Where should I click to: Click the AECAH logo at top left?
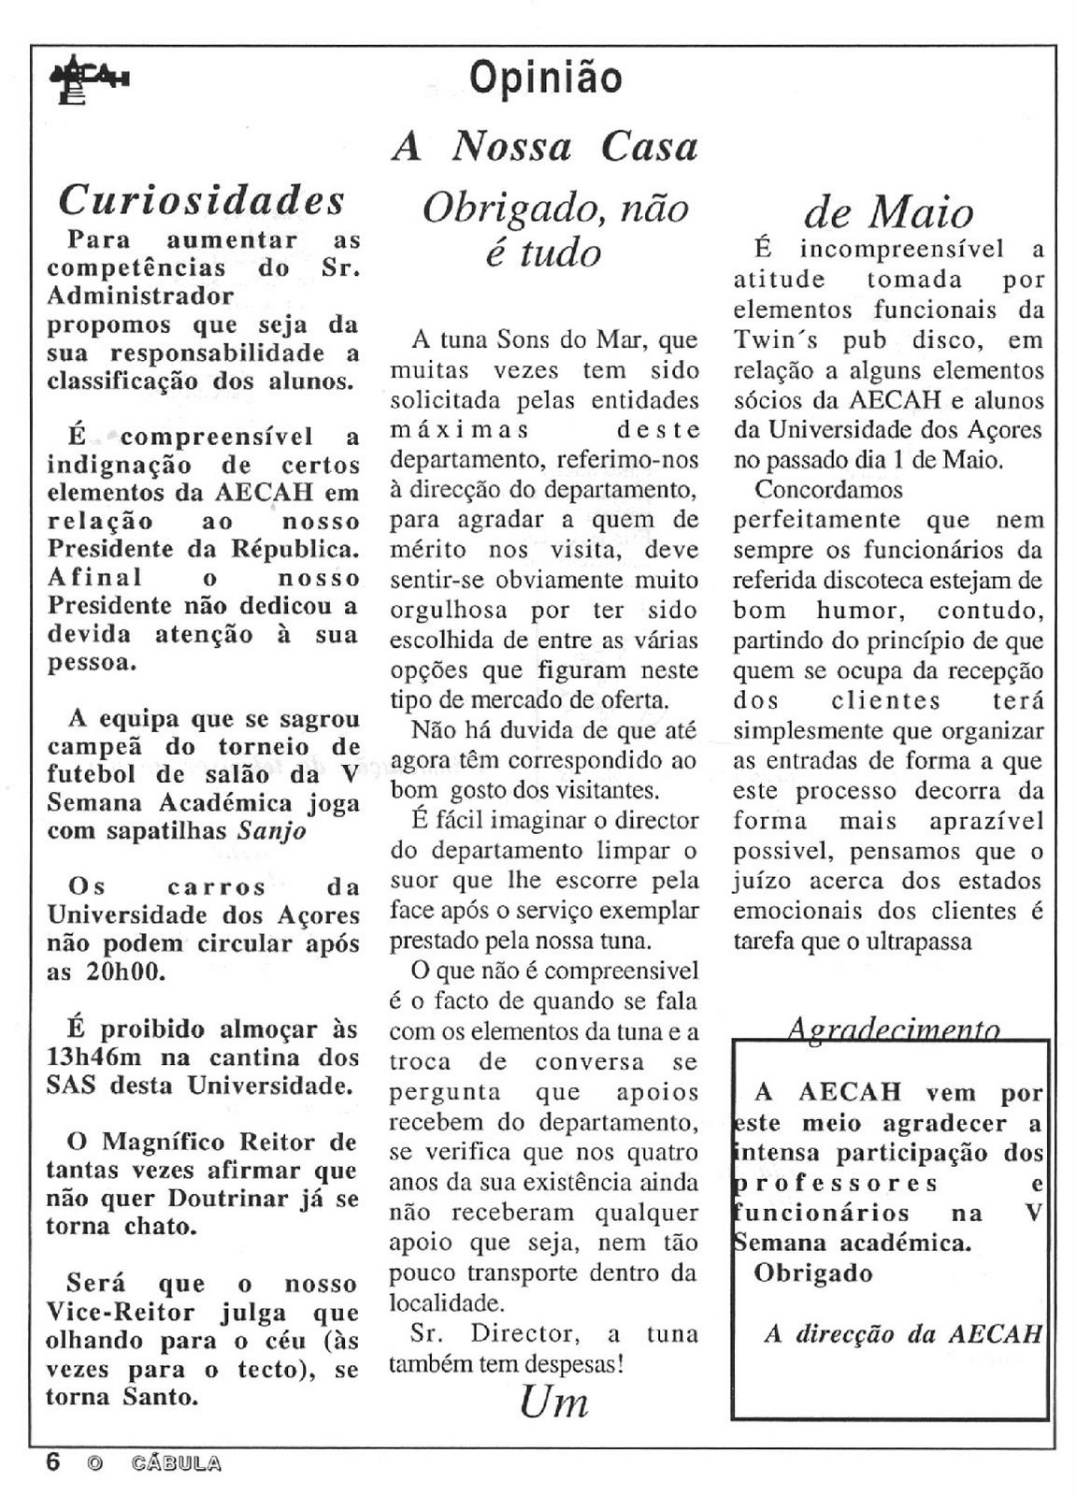pyautogui.click(x=89, y=84)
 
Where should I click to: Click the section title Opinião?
pyautogui.click(x=545, y=77)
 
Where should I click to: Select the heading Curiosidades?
pyautogui.click(x=201, y=199)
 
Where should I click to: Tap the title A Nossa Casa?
pyautogui.click(x=545, y=147)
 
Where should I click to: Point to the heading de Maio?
pyautogui.click(x=888, y=213)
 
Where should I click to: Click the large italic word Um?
pyautogui.click(x=553, y=1404)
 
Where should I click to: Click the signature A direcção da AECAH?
pyautogui.click(x=901, y=1334)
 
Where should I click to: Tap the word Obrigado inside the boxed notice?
pyautogui.click(x=813, y=1273)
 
